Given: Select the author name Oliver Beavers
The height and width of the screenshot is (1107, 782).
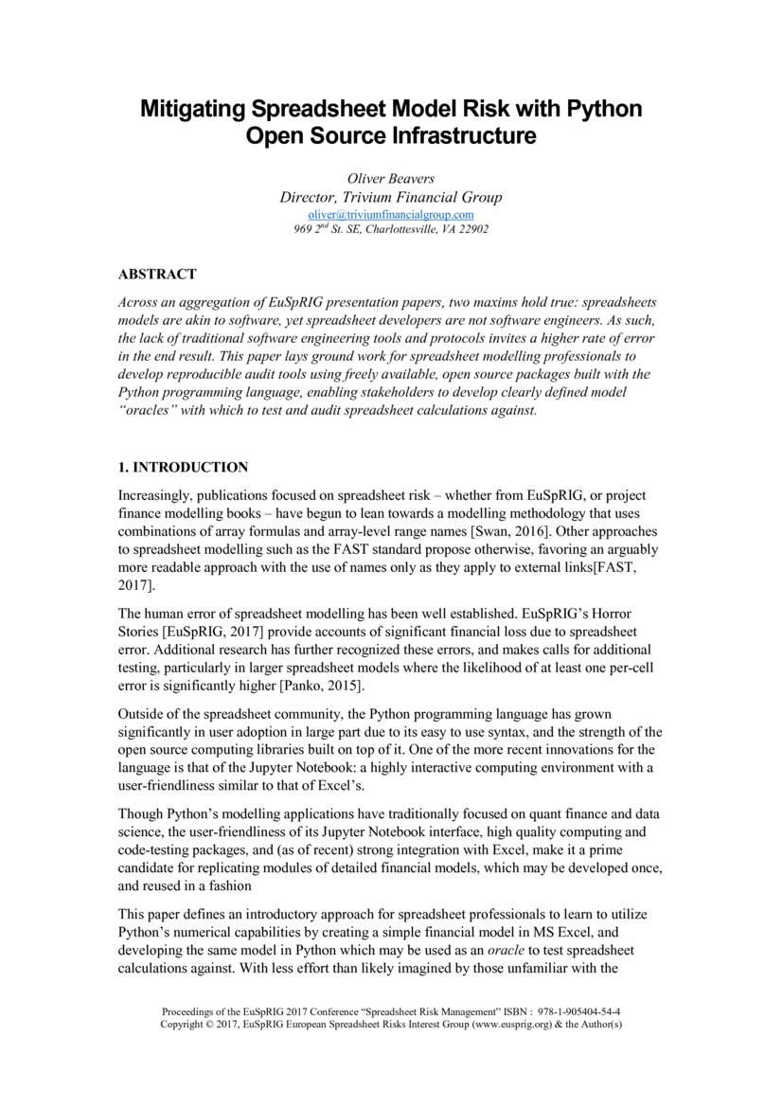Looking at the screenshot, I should click(x=390, y=178).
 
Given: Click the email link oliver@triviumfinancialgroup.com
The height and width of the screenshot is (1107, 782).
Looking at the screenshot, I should click(x=390, y=215).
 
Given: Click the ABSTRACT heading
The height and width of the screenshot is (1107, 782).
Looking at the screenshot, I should click(x=157, y=275).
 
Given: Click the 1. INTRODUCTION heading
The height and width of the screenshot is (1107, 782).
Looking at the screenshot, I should click(x=183, y=468).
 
